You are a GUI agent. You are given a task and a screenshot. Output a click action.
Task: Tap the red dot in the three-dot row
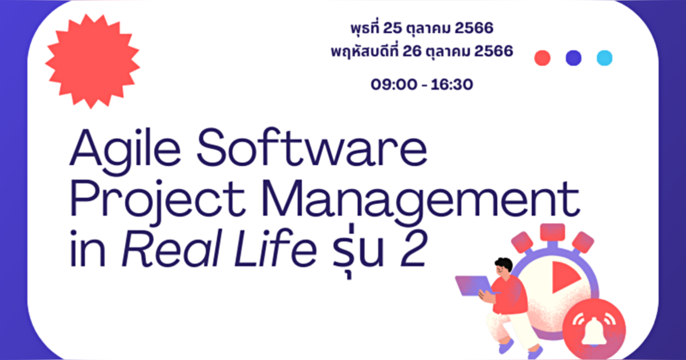pyautogui.click(x=542, y=58)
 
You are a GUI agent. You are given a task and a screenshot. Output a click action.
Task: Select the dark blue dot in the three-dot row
pyautogui.click(x=573, y=58)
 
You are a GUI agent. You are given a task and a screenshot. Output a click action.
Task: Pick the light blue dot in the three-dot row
pyautogui.click(x=604, y=58)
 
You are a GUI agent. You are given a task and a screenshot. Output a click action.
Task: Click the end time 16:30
pyautogui.click(x=450, y=85)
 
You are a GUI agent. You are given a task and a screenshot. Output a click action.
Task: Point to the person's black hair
pyautogui.click(x=502, y=265)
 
